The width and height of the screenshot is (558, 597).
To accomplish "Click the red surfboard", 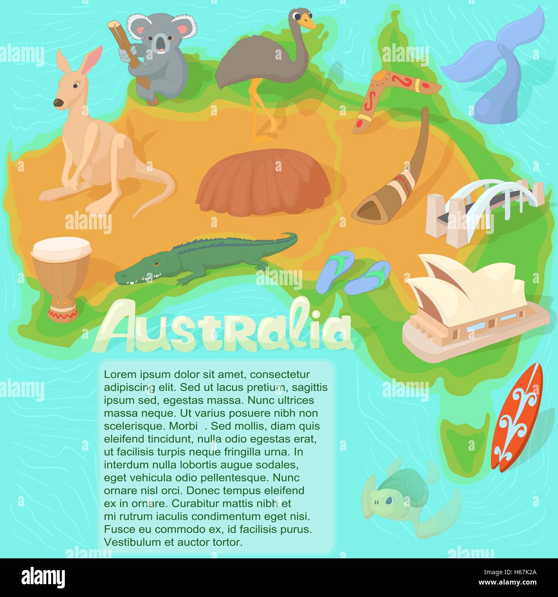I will tap(517, 417).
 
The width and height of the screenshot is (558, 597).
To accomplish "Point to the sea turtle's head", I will tap(383, 500).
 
